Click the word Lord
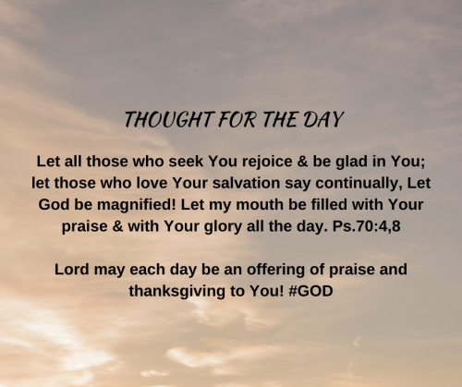[73, 269]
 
